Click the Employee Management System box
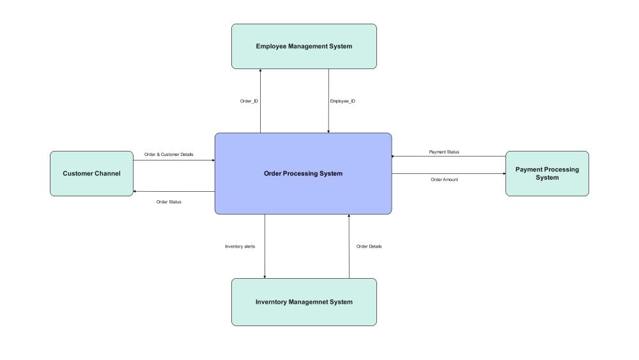click(x=304, y=46)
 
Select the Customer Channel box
click(x=91, y=174)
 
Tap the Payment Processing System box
click(x=547, y=174)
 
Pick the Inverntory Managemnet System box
click(x=304, y=302)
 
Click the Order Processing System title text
click(x=303, y=174)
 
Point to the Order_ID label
click(x=249, y=101)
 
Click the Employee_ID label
click(x=343, y=101)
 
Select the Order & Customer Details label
click(x=169, y=155)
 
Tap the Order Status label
click(x=169, y=202)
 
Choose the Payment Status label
click(x=444, y=152)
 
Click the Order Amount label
click(x=444, y=180)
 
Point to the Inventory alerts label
click(x=240, y=246)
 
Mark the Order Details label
click(x=369, y=246)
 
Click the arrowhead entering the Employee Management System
click(x=261, y=70)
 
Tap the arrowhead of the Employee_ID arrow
click(x=328, y=131)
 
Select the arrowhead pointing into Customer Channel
click(x=135, y=192)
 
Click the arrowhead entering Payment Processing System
click(x=504, y=174)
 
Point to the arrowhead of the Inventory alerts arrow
click(x=265, y=277)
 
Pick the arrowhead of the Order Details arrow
click(x=349, y=216)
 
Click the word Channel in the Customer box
click(x=107, y=174)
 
